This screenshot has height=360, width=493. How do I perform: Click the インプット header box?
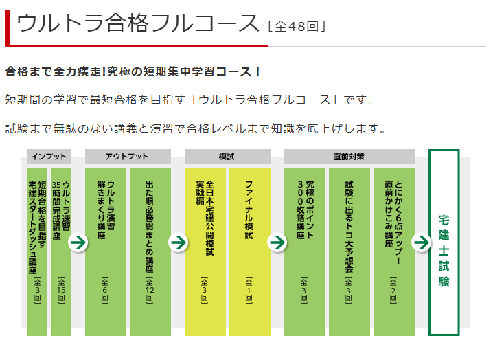point(49,157)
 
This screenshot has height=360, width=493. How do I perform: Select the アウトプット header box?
point(128,157)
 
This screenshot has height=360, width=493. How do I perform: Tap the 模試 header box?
point(227,157)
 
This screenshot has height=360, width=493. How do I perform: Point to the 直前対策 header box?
point(349,157)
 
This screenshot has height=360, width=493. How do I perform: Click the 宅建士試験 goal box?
point(444,243)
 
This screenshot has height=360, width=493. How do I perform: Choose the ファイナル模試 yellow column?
point(250,251)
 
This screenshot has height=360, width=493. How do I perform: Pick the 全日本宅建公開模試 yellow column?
point(205,251)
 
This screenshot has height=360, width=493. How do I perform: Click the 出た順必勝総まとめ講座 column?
point(150,251)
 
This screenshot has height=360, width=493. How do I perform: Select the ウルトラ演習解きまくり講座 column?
point(106,251)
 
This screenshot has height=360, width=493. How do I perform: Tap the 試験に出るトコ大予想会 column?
point(349,251)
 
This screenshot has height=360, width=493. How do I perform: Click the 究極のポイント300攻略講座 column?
point(305,251)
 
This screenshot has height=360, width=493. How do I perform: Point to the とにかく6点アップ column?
point(394,251)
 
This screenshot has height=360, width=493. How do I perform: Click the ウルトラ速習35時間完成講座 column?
point(61,251)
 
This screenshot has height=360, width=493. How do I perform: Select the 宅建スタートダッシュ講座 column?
point(37,251)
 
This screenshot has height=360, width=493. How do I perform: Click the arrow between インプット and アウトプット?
point(78,243)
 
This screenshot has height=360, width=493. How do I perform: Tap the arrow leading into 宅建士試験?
point(422,243)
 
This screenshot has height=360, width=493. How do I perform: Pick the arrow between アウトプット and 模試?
point(178,243)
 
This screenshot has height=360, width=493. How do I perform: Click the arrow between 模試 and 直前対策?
point(277,243)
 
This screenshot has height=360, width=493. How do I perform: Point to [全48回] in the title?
point(297,26)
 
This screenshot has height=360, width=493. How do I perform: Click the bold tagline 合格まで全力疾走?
point(133,71)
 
